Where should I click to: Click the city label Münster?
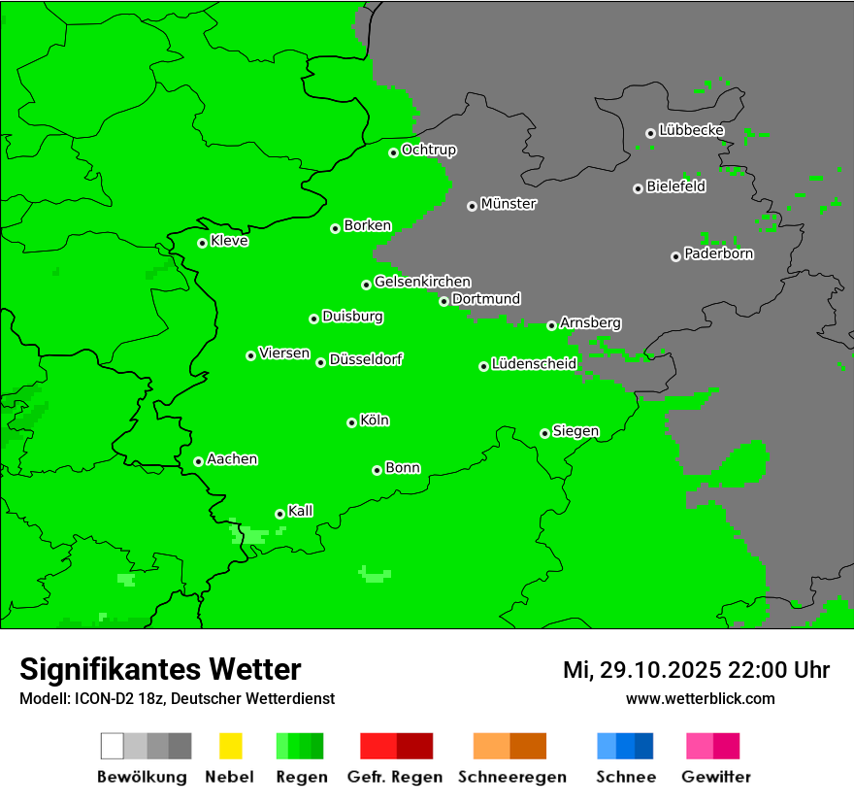(x=509, y=204)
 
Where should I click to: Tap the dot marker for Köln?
(x=351, y=422)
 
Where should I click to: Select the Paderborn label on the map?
(x=719, y=253)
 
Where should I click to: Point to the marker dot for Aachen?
(x=198, y=461)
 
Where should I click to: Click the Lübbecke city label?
(x=692, y=130)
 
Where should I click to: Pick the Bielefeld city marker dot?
(x=638, y=188)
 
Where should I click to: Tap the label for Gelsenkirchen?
(x=423, y=282)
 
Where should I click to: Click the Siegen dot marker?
(x=544, y=433)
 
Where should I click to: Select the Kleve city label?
(x=230, y=241)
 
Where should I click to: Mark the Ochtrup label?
(x=429, y=151)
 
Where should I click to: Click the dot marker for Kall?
(x=279, y=514)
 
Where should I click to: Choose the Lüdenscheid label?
(x=535, y=364)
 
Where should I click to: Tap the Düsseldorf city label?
(x=366, y=359)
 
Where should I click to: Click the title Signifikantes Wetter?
(x=160, y=669)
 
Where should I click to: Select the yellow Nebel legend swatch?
(x=230, y=746)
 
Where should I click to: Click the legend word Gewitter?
(x=716, y=777)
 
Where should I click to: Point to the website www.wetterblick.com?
(x=700, y=698)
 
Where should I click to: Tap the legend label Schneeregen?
(x=512, y=777)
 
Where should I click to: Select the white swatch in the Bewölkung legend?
(x=112, y=746)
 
